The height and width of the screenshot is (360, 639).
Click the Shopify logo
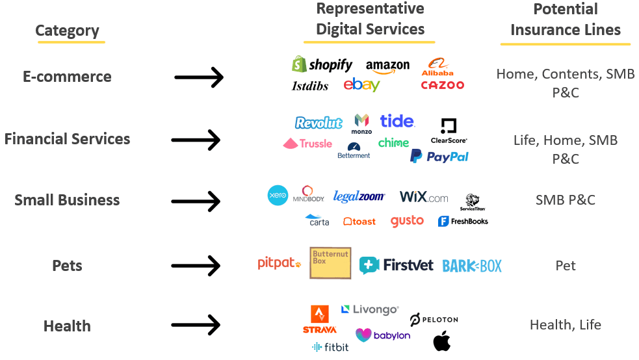click(x=322, y=64)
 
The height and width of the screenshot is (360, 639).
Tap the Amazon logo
click(x=387, y=66)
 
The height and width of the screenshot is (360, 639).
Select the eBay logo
click(x=362, y=84)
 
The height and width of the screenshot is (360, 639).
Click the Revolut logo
click(x=319, y=122)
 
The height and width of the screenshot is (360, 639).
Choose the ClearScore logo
click(x=449, y=131)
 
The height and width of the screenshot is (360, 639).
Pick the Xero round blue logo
click(x=278, y=196)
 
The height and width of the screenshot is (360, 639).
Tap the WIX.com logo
click(x=424, y=196)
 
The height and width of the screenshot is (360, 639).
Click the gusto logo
click(x=407, y=222)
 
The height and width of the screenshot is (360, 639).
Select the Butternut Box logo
click(x=330, y=263)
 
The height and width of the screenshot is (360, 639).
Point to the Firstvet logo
click(x=396, y=265)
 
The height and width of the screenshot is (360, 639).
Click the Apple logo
click(x=442, y=341)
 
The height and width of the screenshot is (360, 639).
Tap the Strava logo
click(x=319, y=319)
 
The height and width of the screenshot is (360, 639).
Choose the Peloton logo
click(x=434, y=319)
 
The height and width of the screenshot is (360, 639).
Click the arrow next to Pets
click(x=196, y=265)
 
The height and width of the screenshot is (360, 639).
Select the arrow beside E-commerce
click(x=199, y=78)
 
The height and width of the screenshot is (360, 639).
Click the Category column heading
click(x=67, y=31)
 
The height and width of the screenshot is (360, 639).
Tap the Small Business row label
click(x=67, y=200)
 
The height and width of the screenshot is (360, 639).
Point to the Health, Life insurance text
click(x=565, y=325)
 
